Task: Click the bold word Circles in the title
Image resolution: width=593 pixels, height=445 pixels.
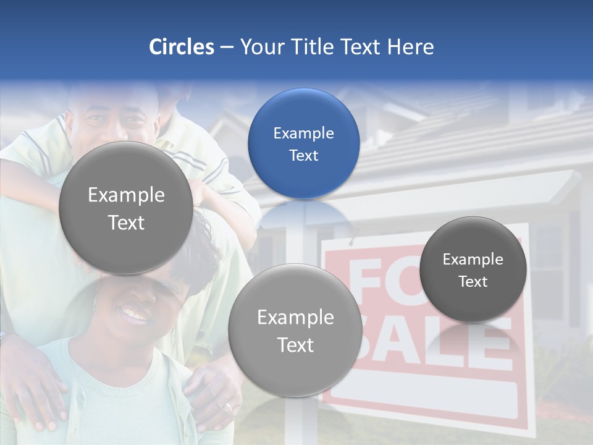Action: point(182,47)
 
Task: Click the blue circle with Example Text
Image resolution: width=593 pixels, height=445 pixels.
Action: point(303,143)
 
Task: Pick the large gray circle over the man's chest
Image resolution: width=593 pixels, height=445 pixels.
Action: point(125,208)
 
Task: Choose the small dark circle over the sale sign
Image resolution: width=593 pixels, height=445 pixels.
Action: point(473,269)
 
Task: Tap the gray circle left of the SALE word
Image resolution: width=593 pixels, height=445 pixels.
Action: point(295,330)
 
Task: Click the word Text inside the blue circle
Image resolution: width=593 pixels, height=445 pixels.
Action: point(303,155)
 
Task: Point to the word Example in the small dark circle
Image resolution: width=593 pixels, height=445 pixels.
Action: point(473,260)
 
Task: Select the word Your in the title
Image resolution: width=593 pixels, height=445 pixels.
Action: point(262,47)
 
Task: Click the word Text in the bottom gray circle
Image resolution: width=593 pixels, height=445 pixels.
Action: point(295,345)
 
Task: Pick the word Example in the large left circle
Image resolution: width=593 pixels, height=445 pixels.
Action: point(126,195)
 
